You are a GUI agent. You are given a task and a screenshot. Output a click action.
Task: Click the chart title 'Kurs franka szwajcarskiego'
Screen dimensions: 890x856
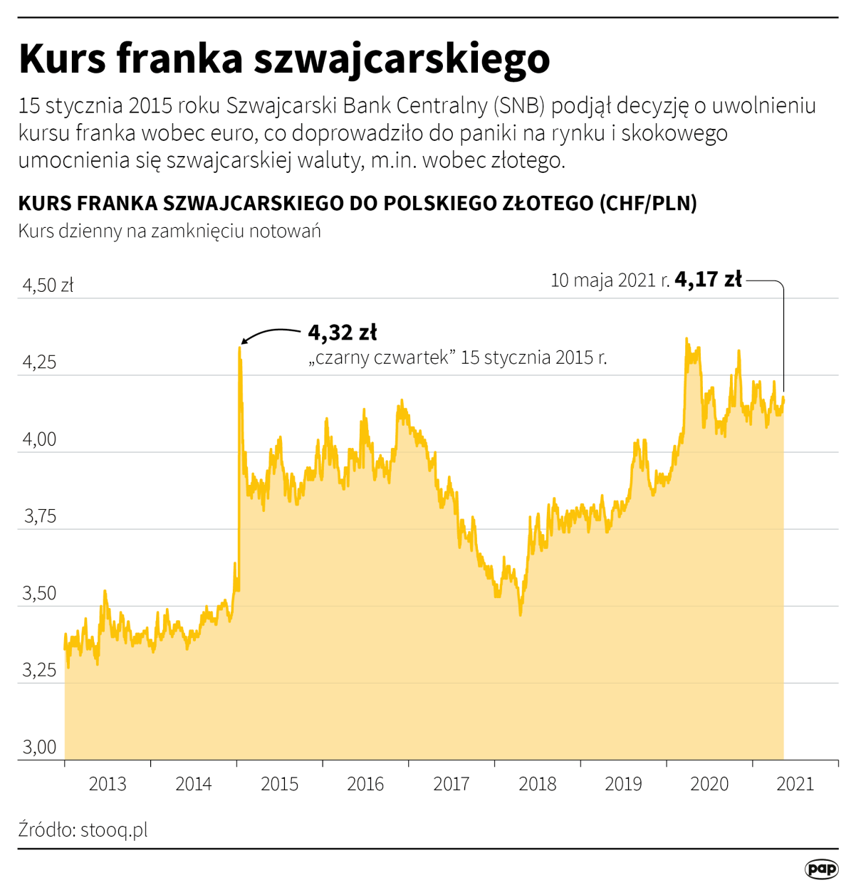284,58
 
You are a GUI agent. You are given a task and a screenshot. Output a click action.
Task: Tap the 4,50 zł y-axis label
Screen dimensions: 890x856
48,286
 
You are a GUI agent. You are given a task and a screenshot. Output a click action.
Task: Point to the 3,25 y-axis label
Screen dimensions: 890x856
40,670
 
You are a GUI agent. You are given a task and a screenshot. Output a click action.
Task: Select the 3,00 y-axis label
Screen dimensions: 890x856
40,747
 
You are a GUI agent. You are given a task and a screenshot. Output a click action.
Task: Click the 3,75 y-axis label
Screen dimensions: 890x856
40,516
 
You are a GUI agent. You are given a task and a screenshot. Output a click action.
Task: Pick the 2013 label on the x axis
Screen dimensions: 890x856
108,784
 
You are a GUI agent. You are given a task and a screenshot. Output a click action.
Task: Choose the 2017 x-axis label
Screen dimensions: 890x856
452,784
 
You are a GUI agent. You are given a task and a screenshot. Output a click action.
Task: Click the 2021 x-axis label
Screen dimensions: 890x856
795,784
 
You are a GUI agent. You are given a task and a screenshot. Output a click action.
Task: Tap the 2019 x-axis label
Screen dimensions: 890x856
623,784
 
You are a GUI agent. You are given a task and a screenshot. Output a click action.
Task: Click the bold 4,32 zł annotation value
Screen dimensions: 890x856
343,333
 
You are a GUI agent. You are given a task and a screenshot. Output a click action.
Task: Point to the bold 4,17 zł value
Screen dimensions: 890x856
708,279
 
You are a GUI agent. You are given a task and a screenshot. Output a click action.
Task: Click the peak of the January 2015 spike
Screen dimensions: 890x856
240,348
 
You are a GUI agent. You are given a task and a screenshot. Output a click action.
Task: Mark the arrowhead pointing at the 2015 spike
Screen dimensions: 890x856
244,342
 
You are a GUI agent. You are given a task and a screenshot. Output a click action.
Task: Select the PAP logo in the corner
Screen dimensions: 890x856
821,869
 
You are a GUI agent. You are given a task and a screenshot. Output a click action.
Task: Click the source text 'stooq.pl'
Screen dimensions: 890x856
114,829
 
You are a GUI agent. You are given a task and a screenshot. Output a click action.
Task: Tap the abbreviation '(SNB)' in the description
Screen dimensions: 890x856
521,106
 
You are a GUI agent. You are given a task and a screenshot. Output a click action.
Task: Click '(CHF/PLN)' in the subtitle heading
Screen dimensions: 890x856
648,203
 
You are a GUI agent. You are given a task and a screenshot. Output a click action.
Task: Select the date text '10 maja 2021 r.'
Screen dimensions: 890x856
610,281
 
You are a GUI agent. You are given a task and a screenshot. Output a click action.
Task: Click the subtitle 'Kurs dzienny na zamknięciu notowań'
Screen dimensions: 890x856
169,231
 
